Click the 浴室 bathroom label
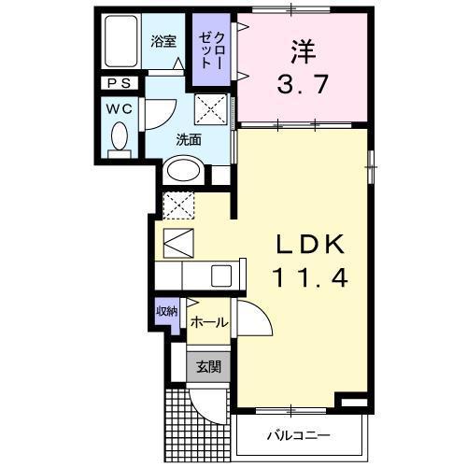[163, 41]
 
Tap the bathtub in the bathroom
[121, 41]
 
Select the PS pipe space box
[120, 83]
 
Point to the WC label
[120, 109]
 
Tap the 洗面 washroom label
[189, 140]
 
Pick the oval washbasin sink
[183, 170]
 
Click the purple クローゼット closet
[211, 50]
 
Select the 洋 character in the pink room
[304, 51]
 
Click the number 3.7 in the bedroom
[303, 84]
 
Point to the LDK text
[311, 244]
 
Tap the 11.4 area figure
[310, 277]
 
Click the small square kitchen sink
[221, 276]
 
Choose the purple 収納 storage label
[167, 311]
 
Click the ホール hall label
[209, 322]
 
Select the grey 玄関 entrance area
[208, 367]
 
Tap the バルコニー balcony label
[299, 435]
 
